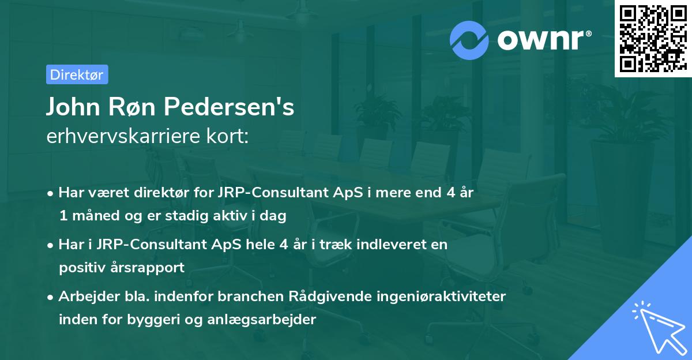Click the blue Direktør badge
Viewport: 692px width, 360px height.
pyautogui.click(x=77, y=74)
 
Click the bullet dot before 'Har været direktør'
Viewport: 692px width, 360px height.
pyautogui.click(x=51, y=193)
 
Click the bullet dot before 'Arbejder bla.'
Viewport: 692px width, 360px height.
pyautogui.click(x=51, y=297)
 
